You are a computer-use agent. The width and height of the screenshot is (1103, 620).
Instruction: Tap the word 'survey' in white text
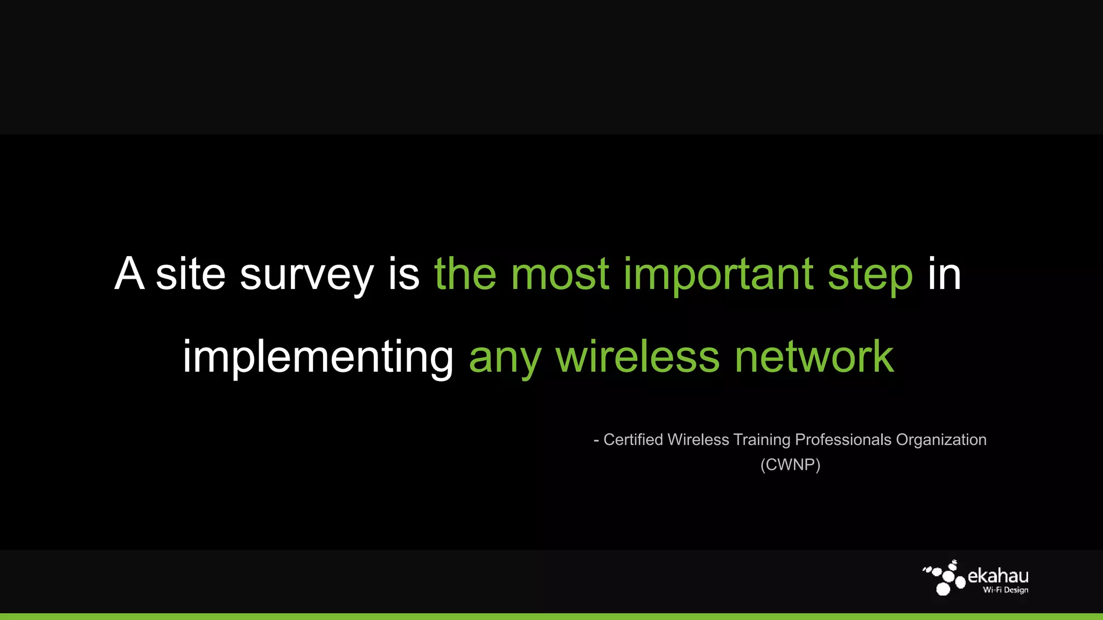click(306, 276)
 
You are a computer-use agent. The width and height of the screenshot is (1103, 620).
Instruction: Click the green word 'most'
click(560, 274)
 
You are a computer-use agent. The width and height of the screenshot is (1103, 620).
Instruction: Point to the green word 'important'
click(718, 276)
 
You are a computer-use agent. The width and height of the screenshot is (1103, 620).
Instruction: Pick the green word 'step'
click(870, 276)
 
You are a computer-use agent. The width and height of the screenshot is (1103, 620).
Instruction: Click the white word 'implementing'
click(318, 357)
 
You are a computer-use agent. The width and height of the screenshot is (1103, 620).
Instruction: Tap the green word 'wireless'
click(638, 356)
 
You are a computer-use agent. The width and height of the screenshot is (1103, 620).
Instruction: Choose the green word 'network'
click(814, 356)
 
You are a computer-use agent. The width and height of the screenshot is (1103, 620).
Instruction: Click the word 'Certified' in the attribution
click(633, 440)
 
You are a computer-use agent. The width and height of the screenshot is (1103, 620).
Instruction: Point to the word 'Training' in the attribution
click(762, 440)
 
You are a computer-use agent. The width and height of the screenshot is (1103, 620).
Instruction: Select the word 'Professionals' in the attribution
click(843, 440)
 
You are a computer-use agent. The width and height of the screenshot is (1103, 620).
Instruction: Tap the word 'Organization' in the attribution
click(941, 440)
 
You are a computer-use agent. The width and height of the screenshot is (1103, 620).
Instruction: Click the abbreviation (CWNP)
click(790, 464)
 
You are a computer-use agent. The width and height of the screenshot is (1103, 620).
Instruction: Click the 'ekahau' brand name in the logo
click(998, 576)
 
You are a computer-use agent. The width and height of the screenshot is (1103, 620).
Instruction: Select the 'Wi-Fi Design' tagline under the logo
click(1005, 590)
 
